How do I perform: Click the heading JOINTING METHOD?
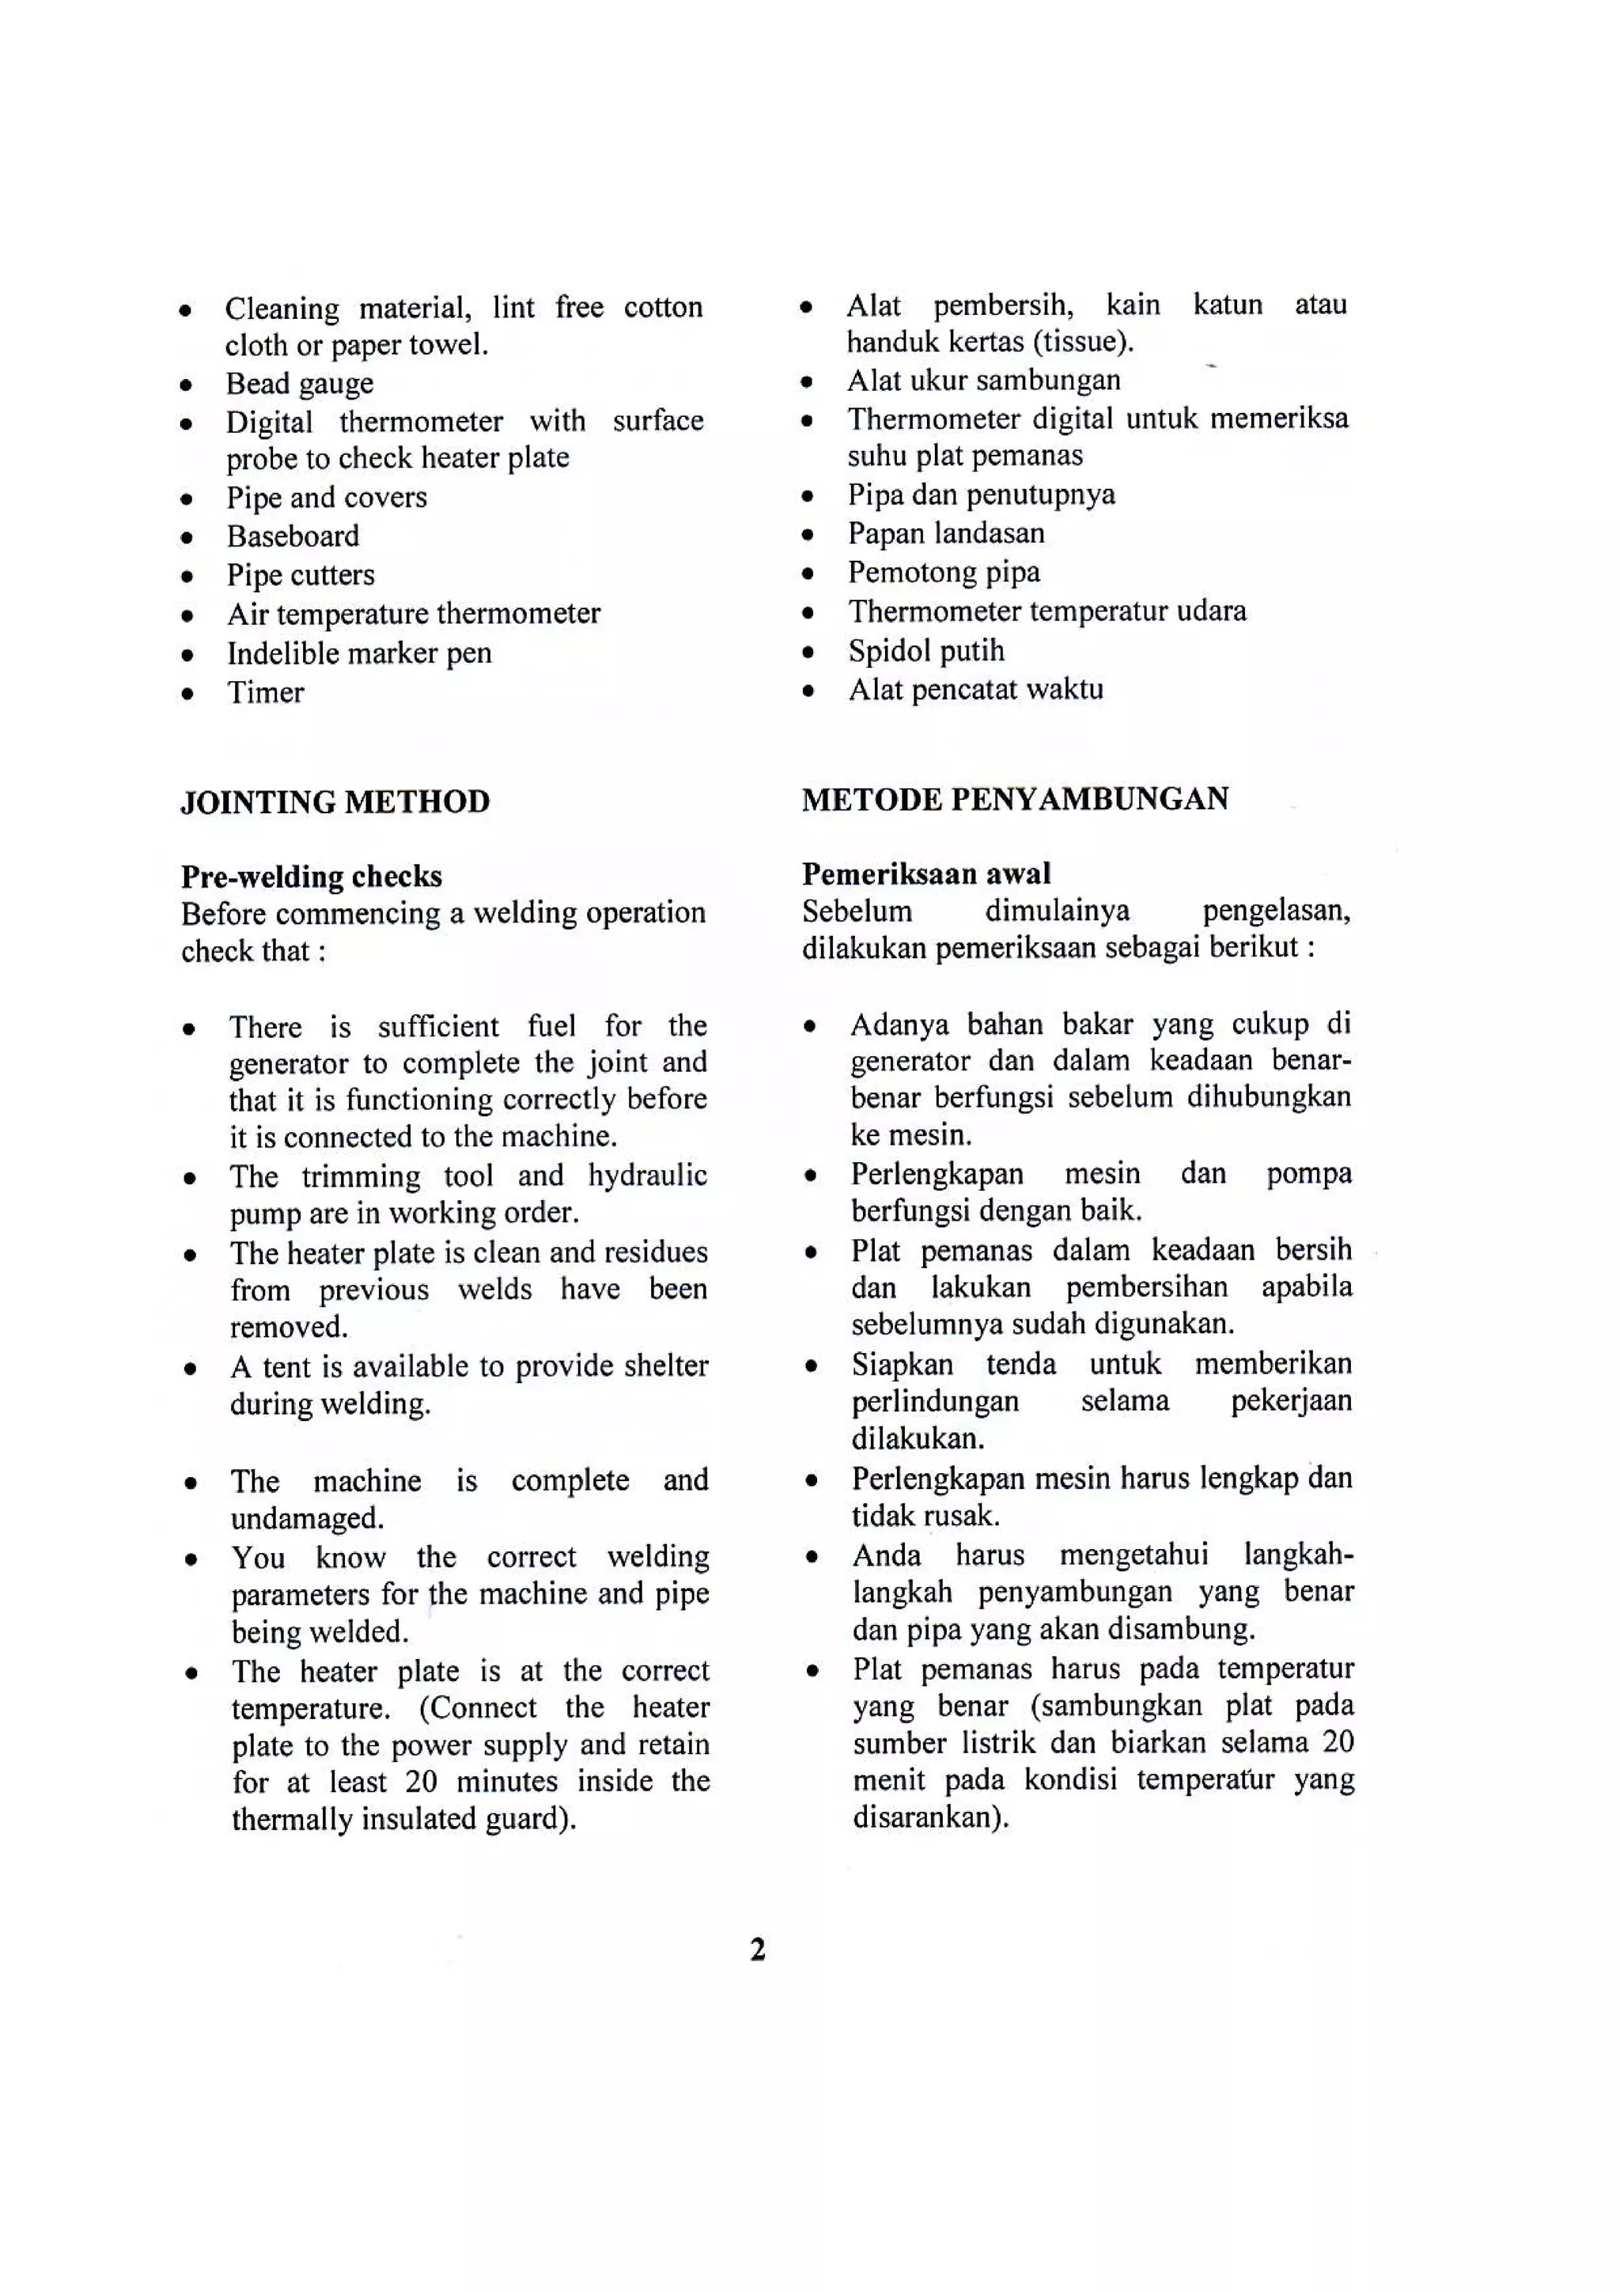(335, 801)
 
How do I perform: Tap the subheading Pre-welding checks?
(312, 877)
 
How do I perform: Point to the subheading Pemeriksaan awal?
(925, 873)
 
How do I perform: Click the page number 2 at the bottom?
(758, 1949)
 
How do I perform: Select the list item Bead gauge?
(300, 384)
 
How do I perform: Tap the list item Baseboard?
(293, 536)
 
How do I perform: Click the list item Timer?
(266, 693)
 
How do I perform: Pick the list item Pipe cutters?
(301, 575)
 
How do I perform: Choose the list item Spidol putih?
(926, 651)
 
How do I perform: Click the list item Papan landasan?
(945, 533)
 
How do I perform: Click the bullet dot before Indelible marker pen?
(187, 656)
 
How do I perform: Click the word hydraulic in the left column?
(647, 1175)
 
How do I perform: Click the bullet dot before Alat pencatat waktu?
(808, 691)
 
